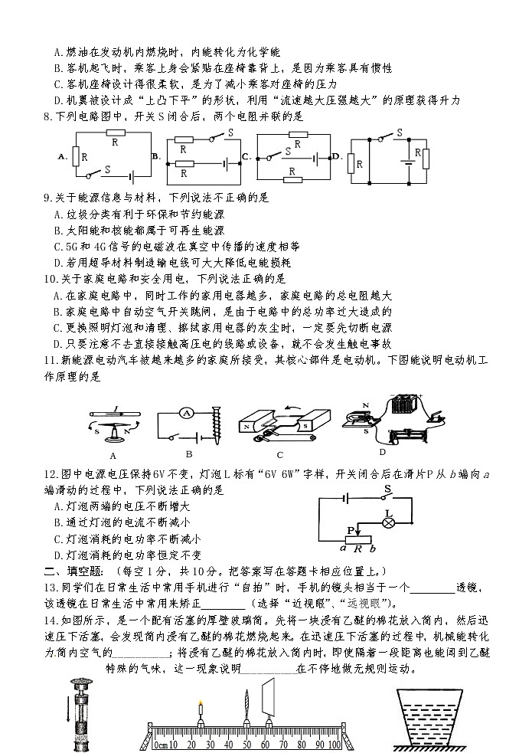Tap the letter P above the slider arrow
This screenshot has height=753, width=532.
click(x=350, y=529)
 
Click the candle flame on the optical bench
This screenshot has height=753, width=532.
click(x=201, y=705)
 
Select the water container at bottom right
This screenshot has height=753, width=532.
click(x=428, y=716)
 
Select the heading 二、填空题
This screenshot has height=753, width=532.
click(x=75, y=571)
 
